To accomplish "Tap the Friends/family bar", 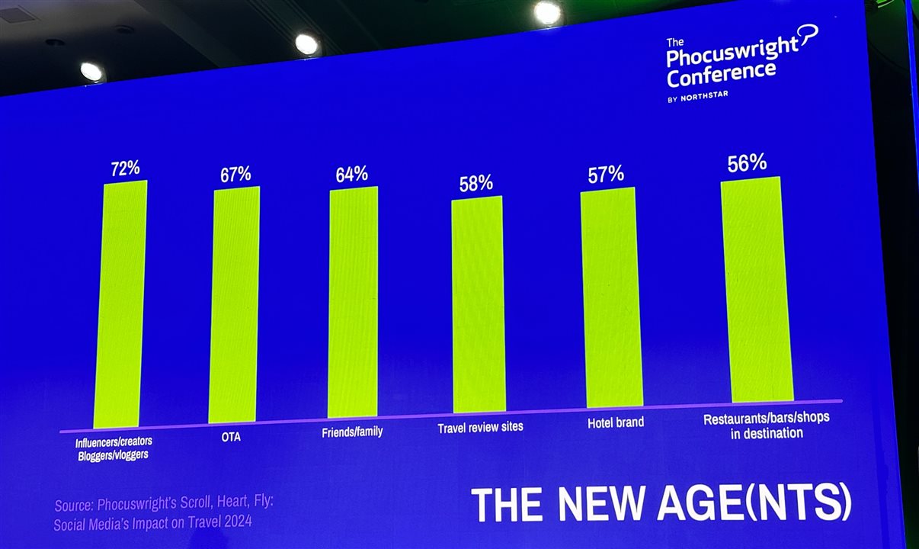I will [x=353, y=301].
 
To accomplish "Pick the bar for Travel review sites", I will [x=478, y=305].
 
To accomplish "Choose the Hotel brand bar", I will [x=611, y=297].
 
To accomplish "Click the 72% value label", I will [x=124, y=168].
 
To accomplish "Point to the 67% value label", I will [x=235, y=174].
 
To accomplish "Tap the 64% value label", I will [x=351, y=175].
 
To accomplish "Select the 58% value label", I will [x=476, y=184].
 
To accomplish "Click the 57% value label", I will [x=607, y=175].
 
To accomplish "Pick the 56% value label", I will [x=747, y=163].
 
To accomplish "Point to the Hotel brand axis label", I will [x=616, y=422].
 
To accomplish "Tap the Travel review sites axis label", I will [x=480, y=427].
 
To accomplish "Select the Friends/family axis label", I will [x=353, y=432].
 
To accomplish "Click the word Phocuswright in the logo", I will [x=732, y=52].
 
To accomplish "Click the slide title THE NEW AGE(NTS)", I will [x=660, y=504].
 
